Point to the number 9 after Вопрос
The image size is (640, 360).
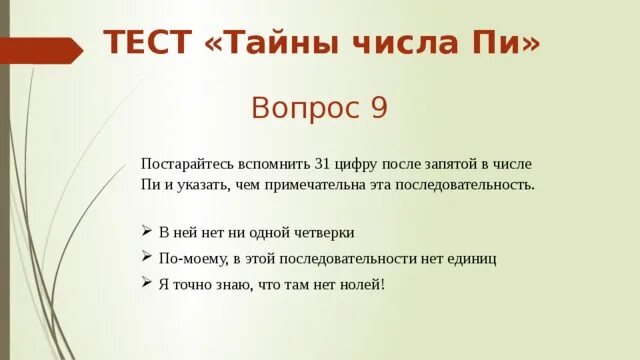click(x=378, y=107)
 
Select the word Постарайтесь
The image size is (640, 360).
click(x=186, y=163)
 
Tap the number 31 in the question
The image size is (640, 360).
click(x=322, y=163)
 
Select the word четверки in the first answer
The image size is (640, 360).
click(x=325, y=232)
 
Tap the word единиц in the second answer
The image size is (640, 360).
click(x=471, y=258)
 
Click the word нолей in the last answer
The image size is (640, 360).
click(x=362, y=284)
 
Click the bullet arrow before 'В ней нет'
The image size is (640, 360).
click(x=147, y=232)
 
